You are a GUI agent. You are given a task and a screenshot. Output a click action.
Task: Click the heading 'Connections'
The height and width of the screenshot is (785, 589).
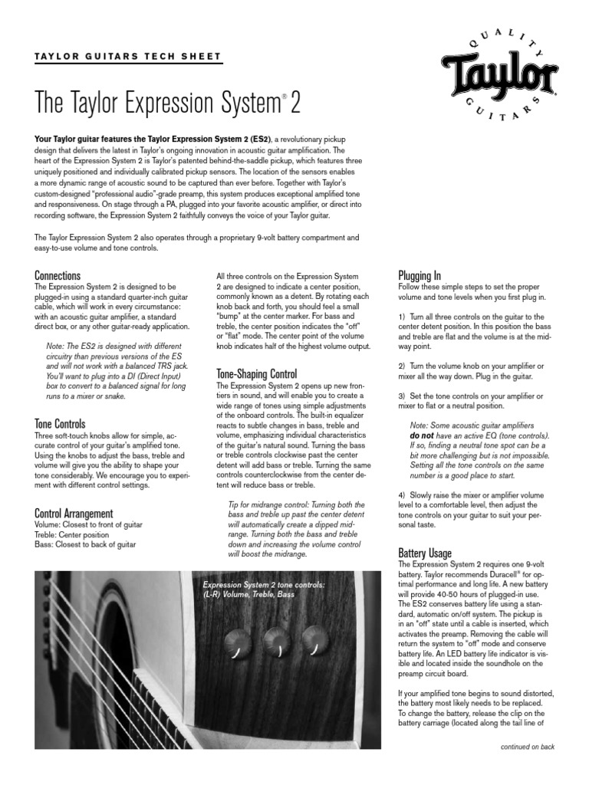click(58, 275)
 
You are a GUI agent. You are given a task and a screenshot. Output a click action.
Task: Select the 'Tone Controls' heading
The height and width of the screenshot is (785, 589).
click(60, 424)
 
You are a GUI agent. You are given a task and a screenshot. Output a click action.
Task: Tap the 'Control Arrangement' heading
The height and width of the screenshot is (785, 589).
click(74, 513)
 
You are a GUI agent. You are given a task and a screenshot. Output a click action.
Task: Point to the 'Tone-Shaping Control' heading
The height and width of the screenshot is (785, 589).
click(256, 373)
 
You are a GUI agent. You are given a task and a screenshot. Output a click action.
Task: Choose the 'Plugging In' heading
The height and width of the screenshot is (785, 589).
click(420, 275)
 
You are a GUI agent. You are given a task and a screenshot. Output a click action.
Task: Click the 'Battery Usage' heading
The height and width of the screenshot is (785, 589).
click(425, 553)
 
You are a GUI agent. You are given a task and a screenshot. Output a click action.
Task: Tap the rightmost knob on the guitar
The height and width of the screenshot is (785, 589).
click(312, 639)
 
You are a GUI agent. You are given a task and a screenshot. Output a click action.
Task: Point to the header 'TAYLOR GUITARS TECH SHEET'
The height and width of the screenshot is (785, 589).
click(128, 57)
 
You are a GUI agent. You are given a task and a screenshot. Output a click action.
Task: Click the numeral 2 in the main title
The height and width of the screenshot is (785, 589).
click(296, 102)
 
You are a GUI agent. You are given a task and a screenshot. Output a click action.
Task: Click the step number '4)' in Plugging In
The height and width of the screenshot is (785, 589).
click(403, 495)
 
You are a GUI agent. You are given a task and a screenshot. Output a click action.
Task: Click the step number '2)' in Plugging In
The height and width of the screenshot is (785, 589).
click(403, 366)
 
